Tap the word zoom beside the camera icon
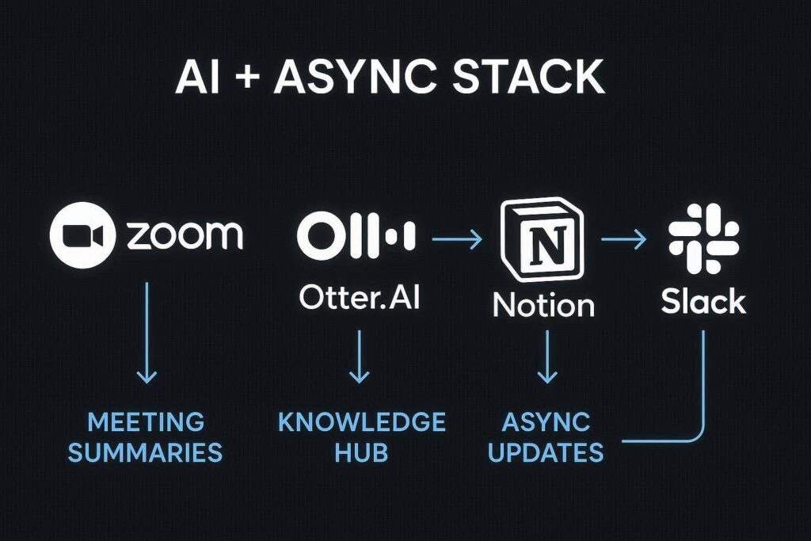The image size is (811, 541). coord(184,235)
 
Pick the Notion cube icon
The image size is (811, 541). coord(543,239)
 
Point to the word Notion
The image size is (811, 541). coord(543,304)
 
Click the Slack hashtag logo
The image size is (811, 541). coord(703,238)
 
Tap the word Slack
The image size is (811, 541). coord(703,302)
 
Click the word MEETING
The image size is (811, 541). coord(147,421)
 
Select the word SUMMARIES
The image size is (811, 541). coord(147,452)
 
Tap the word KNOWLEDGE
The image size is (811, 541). coord(361,421)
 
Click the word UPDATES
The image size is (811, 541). coord(546,452)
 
